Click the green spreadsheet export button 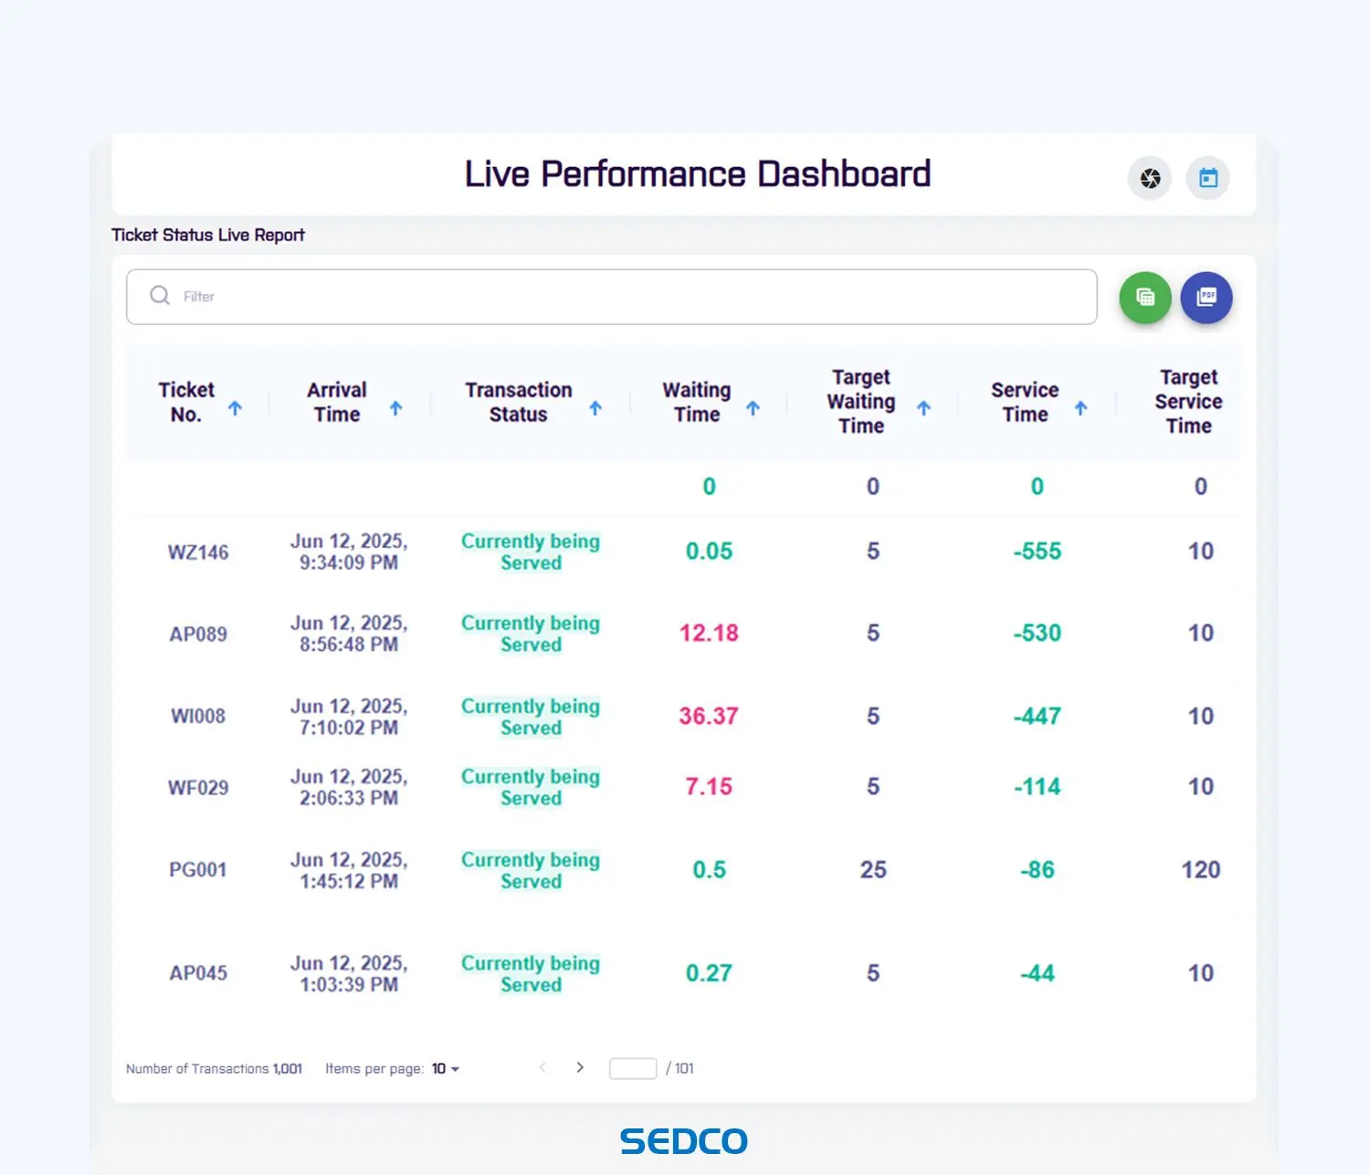pos(1145,298)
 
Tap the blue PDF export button pos(1207,298)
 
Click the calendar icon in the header pos(1207,178)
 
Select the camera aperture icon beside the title pos(1150,178)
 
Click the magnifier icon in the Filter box pos(160,296)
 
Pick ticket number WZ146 pos(198,552)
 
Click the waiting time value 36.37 pos(708,716)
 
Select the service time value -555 pos(1037,551)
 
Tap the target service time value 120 pos(1200,869)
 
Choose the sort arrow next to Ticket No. pos(235,408)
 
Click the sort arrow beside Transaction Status pos(595,408)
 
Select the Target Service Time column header pos(1187,402)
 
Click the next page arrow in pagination pos(580,1067)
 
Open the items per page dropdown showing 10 pos(446,1068)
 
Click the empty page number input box pos(632,1068)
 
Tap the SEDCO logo pos(684,1141)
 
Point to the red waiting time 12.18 pos(708,633)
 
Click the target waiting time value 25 pos(872,869)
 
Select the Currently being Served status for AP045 pos(531,973)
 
